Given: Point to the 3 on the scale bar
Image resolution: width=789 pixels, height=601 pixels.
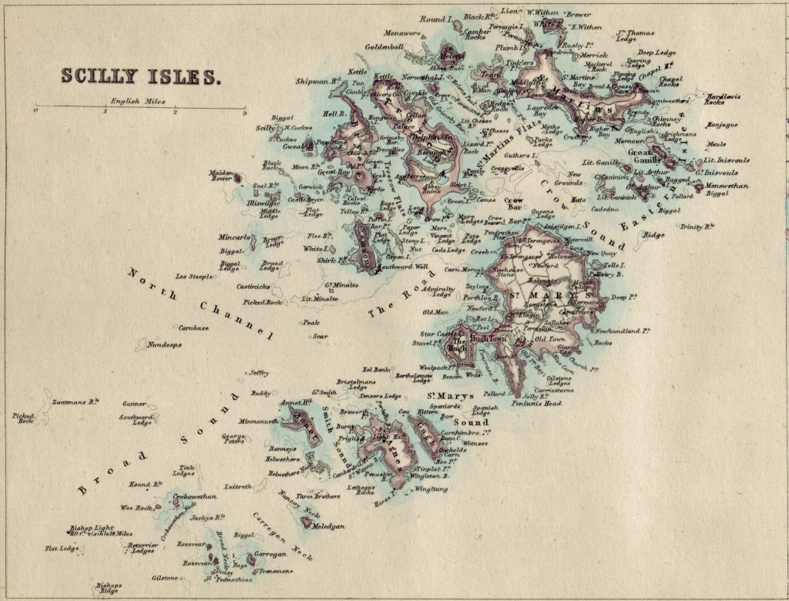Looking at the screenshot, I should [244, 112].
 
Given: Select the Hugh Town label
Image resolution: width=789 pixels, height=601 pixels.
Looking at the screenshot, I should [488, 338].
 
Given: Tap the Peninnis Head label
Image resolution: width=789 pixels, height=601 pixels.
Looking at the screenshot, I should [541, 403].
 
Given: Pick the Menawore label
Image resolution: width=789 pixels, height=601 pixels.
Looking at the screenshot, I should [402, 33].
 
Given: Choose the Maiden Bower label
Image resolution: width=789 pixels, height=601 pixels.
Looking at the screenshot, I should [221, 176].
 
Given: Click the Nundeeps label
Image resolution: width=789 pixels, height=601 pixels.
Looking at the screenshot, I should [164, 344].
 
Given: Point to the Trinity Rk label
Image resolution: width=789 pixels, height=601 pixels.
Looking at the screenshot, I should [697, 227].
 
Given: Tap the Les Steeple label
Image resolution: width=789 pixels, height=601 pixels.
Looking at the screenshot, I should [194, 276].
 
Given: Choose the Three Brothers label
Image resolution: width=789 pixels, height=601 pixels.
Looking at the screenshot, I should [318, 496].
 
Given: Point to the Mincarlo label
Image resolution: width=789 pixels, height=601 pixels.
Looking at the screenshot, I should [234, 237].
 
